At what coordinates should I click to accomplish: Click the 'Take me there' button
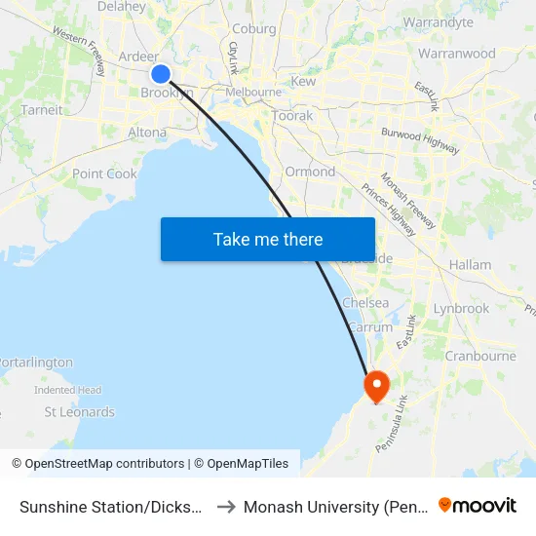pos(268,239)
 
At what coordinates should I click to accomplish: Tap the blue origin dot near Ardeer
pos(162,74)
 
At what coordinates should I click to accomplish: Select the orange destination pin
pos(375,385)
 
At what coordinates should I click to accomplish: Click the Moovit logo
pos(478,506)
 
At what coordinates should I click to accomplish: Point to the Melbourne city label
pos(253,93)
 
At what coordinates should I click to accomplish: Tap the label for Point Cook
pos(104,173)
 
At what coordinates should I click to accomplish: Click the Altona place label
pos(147,132)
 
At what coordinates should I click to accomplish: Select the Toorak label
pos(292,115)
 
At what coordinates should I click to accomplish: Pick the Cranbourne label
pos(479,356)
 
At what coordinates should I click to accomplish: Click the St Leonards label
pos(80,412)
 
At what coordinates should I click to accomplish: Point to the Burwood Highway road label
pos(420,140)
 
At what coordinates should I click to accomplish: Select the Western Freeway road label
pos(80,50)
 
